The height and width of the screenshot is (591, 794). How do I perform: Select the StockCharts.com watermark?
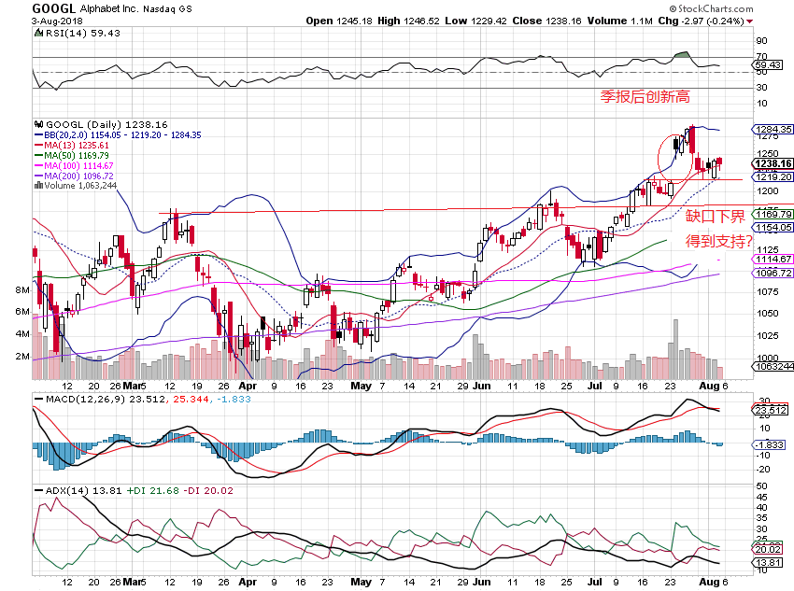pos(743,7)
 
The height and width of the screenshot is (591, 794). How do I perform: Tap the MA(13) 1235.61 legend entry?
pos(74,145)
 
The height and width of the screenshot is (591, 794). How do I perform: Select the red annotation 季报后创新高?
pos(645,95)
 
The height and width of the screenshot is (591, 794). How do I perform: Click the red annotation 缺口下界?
pos(716,217)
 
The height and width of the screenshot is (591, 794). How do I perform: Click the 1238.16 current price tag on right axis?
pos(774,163)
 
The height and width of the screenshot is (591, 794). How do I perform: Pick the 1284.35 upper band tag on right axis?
pos(774,129)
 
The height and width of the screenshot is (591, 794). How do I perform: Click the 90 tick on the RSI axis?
pos(761,41)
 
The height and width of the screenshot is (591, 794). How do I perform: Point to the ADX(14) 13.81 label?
pos(66,489)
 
